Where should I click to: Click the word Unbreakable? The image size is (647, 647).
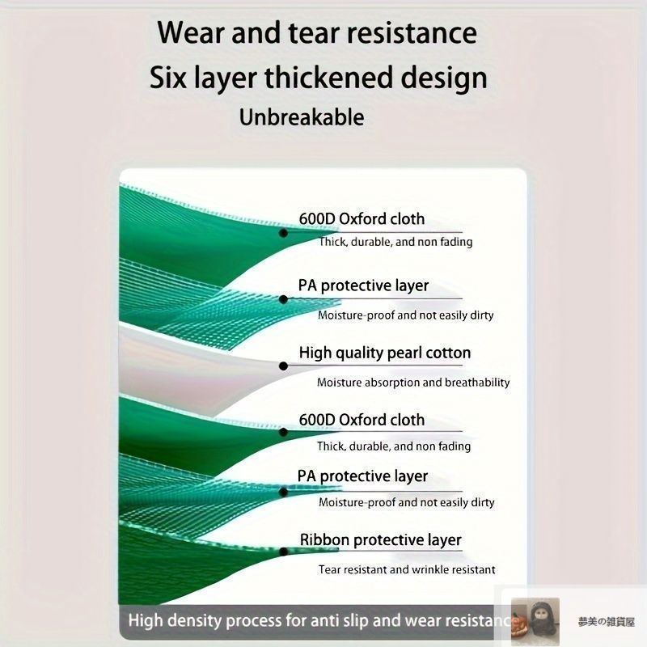pos(302,117)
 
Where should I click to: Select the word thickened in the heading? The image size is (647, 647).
pos(328,78)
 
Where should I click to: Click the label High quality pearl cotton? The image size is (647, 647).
pos(385,353)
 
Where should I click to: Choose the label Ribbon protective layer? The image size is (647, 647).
pos(380,540)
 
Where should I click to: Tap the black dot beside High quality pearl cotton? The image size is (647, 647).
pos(283,366)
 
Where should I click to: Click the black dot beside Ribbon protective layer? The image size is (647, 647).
pos(283,552)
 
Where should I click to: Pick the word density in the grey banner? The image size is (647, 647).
pos(194,621)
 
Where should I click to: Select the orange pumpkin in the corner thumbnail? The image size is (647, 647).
pos(519,623)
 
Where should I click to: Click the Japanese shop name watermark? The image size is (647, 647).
pos(606,622)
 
